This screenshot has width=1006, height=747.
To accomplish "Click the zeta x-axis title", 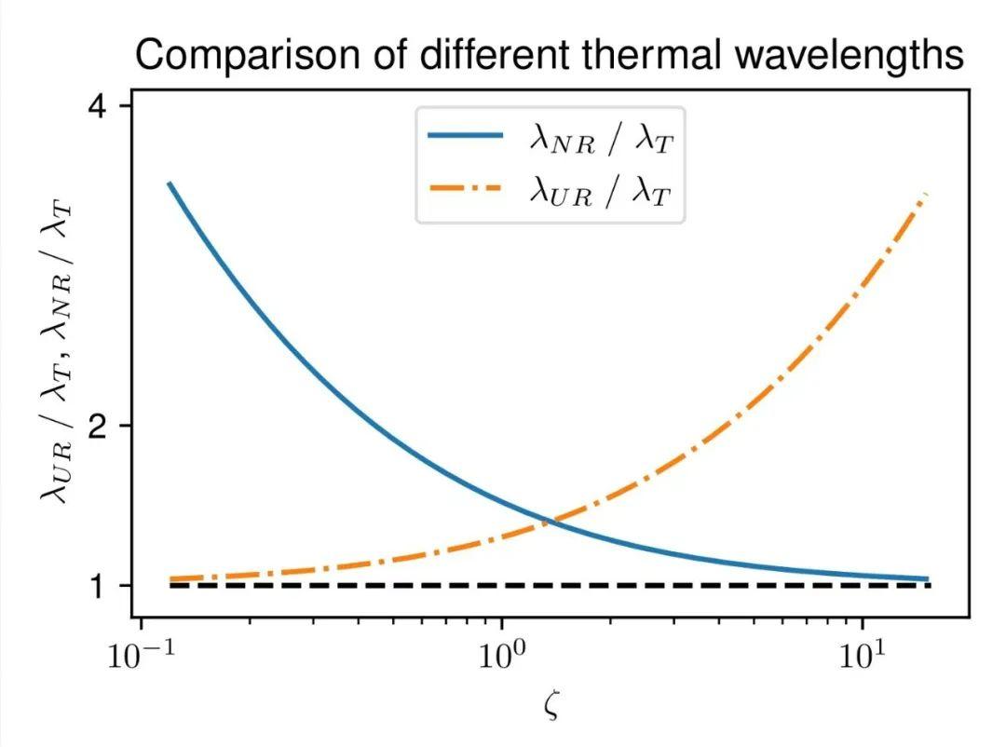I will pyautogui.click(x=551, y=705).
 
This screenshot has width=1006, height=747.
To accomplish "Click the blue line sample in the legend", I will pyautogui.click(x=465, y=136).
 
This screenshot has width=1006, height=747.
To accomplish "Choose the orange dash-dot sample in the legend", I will pyautogui.click(x=465, y=189).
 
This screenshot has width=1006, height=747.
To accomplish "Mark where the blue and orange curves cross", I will pyautogui.click(x=549, y=521).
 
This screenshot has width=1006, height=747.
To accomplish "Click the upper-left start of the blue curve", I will pyautogui.click(x=169, y=183).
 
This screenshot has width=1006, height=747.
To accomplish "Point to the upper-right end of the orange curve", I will pyautogui.click(x=925, y=194).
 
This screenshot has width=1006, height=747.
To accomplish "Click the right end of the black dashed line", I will pyautogui.click(x=931, y=585).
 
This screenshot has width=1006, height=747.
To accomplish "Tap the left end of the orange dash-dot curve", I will pyautogui.click(x=170, y=579).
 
